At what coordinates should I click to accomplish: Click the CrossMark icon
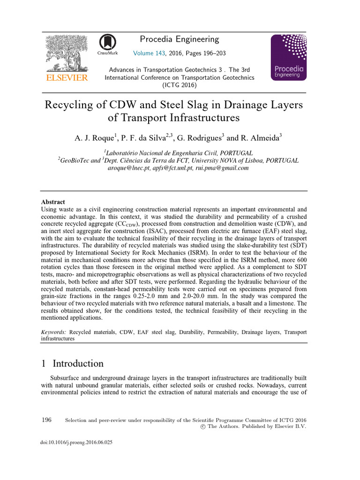click(x=107, y=45)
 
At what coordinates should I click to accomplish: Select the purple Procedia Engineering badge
click(x=289, y=57)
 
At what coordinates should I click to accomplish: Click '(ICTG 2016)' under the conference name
click(x=180, y=85)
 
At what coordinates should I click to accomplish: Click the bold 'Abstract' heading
click(x=53, y=202)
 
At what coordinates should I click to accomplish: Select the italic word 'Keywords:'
click(x=54, y=332)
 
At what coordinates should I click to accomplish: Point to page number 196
click(x=46, y=420)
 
